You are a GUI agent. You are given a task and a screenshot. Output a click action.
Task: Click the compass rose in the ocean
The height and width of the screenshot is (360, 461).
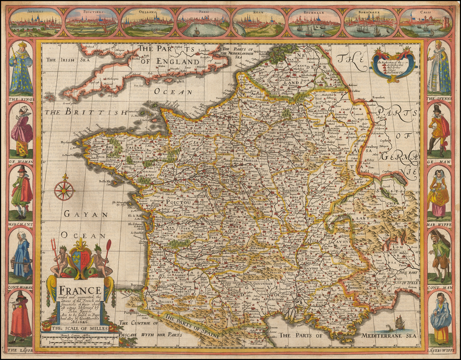(x=64, y=190)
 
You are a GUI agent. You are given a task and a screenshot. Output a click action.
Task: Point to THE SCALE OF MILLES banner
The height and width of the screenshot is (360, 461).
(x=80, y=328)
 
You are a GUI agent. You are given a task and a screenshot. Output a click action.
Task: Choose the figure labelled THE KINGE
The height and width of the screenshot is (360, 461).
(x=21, y=67)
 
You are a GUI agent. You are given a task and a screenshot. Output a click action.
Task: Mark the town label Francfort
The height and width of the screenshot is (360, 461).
(x=379, y=97)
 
